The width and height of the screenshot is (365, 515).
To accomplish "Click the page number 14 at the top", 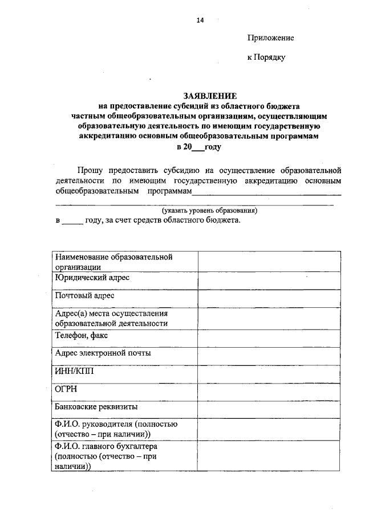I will (x=200, y=20).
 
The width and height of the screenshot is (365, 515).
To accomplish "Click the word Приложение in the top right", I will (x=270, y=38).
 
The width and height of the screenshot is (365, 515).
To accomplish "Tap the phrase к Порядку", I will (x=266, y=57).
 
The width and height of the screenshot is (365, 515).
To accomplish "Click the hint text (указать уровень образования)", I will (x=209, y=210).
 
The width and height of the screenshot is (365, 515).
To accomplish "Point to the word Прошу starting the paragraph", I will (x=92, y=170).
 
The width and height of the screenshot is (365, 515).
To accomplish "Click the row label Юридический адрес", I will (x=92, y=278).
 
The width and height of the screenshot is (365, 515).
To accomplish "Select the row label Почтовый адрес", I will (x=84, y=296).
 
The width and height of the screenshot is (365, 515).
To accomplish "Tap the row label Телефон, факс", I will (x=82, y=336).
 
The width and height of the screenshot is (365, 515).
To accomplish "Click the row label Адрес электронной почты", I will (x=103, y=353).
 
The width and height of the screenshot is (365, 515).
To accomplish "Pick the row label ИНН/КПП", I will (x=74, y=371).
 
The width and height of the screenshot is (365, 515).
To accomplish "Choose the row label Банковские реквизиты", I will (x=96, y=407).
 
